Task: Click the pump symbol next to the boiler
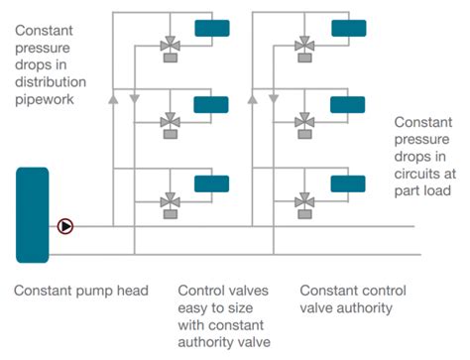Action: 65,226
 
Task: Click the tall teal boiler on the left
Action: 32,214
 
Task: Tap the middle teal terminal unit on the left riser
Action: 210,104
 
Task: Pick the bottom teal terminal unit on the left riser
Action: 210,182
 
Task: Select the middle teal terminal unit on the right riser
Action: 347,104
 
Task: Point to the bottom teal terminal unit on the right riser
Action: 347,182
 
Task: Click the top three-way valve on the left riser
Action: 168,45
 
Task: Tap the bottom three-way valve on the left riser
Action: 168,201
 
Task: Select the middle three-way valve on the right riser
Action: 304,123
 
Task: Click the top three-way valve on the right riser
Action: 304,45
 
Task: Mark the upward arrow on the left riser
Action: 114,99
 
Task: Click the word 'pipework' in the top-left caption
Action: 43,99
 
